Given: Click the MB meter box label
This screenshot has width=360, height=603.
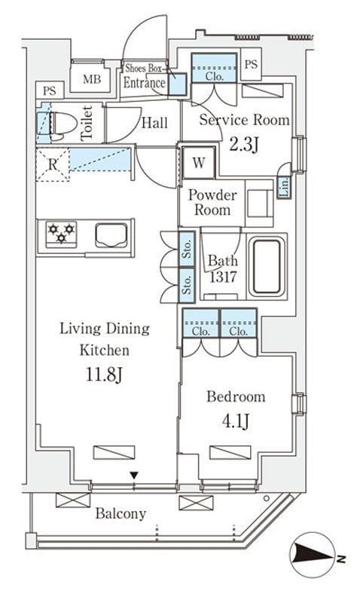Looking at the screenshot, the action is tap(92, 79).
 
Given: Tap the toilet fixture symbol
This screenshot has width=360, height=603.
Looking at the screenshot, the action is tap(58, 126).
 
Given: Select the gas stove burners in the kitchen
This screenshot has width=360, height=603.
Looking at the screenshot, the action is tap(61, 233).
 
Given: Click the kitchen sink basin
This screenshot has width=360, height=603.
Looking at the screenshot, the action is tap(111, 235).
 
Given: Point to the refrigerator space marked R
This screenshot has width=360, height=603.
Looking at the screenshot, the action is tap(53, 164).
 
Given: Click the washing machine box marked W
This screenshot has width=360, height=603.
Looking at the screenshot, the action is tap(198, 163).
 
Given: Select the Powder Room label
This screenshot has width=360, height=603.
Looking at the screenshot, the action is tap(212, 202).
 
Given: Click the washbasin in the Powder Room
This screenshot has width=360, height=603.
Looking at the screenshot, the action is tap(259, 204).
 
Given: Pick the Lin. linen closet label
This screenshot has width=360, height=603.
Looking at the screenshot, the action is tap(285, 187).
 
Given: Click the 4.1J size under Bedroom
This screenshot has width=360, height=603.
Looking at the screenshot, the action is tap(236, 421).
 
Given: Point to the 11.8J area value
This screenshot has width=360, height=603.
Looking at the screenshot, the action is tap(104, 375).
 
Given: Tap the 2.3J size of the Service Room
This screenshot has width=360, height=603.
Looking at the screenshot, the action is tap(244, 145).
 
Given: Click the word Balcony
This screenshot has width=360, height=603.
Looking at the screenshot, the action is tap(121, 514).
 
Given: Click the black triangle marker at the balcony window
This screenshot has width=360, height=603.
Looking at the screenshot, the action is tap(134, 476).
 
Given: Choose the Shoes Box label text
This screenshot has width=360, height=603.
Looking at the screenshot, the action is tap(144, 69).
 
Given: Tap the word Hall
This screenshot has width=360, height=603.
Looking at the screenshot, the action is tap(154, 123).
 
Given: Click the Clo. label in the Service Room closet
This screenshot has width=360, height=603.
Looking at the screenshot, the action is tap(214, 76).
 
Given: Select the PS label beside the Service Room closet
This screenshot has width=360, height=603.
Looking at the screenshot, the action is tap(251, 64).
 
